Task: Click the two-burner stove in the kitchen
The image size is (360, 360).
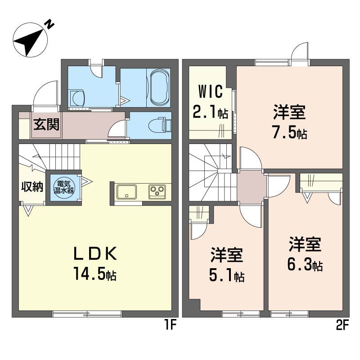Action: click(157, 192)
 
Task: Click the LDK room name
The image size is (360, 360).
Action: click(96, 254)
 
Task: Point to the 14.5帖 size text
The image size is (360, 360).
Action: click(96, 274)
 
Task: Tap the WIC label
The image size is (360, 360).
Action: click(208, 92)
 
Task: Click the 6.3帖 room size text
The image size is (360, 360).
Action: click(305, 265)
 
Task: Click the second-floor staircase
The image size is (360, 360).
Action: click(212, 173)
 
